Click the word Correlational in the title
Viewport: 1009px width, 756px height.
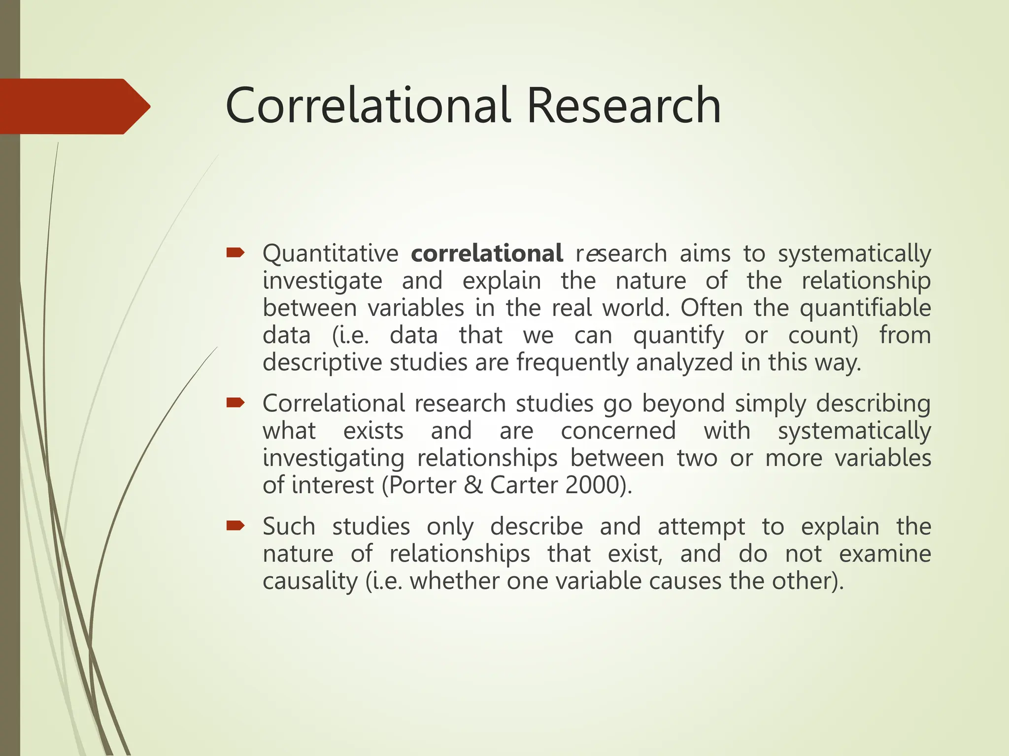[x=367, y=106]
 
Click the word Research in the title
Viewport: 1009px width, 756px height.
[x=624, y=106]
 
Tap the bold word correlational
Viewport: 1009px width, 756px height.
[x=487, y=253]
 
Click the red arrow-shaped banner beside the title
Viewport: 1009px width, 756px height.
[x=74, y=106]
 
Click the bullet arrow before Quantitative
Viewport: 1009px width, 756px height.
[x=235, y=253]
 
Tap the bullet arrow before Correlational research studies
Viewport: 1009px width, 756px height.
[x=235, y=403]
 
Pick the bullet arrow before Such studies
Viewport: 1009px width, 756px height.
[x=235, y=526]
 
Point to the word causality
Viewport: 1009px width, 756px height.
[x=310, y=581]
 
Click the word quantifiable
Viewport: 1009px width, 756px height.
[x=865, y=309]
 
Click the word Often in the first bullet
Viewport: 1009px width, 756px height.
[x=711, y=309]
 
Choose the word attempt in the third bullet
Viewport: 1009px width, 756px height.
[x=701, y=527]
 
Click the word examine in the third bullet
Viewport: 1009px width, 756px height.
[x=885, y=554]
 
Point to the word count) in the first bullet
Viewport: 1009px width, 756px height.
[x=823, y=336]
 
